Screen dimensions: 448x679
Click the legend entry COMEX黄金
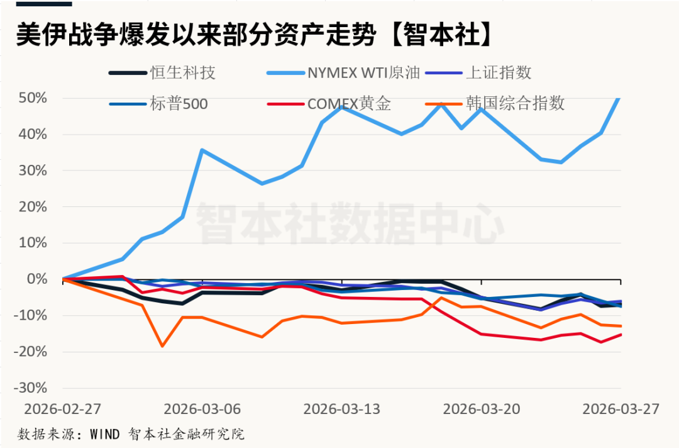349,103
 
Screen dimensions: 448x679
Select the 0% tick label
38,279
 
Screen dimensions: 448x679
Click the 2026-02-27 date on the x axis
62,409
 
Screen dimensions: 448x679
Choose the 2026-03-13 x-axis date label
342,409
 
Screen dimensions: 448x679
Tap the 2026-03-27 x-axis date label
621,409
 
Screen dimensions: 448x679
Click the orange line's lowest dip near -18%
162,346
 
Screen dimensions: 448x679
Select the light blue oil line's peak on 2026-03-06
201,150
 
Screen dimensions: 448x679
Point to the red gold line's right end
621,334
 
